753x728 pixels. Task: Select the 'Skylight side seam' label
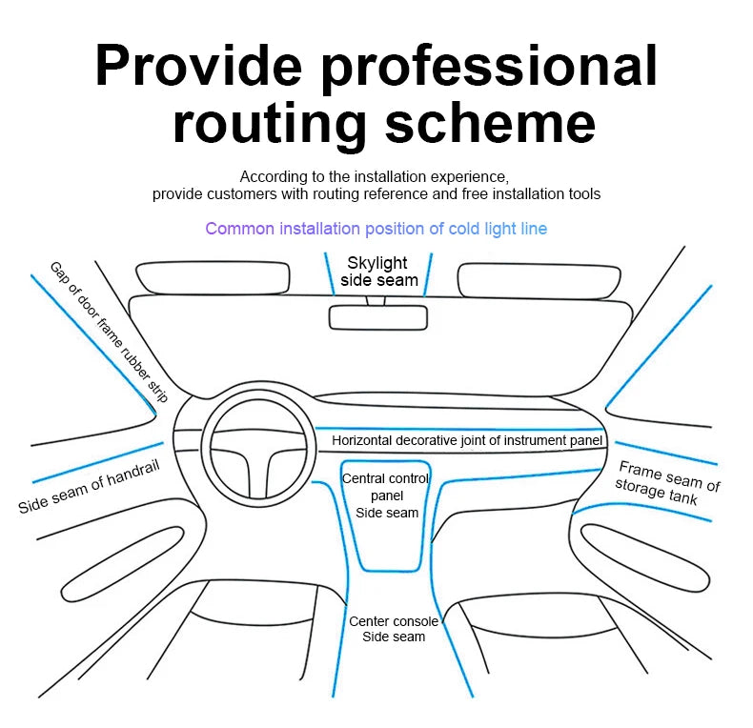click(379, 272)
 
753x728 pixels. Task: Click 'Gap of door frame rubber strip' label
click(109, 332)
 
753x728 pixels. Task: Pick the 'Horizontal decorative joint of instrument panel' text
click(467, 441)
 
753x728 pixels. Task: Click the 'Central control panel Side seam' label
click(386, 495)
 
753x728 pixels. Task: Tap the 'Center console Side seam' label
click(393, 629)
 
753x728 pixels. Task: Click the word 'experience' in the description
click(470, 177)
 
